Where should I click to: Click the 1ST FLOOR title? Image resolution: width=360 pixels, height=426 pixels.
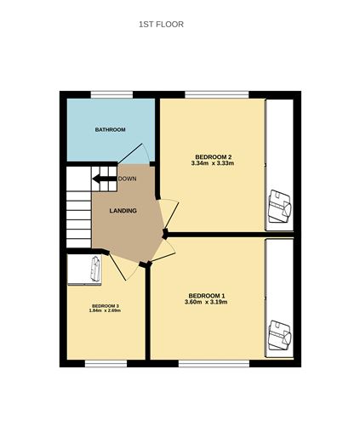[161, 25]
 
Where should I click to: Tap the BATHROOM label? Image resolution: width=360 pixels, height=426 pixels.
[110, 130]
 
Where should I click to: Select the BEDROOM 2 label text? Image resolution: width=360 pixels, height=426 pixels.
[214, 156]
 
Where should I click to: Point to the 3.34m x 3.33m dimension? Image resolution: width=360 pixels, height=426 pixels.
[213, 163]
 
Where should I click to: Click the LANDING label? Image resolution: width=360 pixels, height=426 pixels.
[123, 211]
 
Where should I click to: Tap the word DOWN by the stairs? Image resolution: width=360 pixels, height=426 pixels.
[128, 179]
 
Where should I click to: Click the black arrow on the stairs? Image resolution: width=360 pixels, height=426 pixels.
[105, 179]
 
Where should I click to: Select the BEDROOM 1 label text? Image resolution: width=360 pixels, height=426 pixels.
[207, 296]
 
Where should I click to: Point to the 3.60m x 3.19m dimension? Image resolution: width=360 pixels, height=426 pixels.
[206, 302]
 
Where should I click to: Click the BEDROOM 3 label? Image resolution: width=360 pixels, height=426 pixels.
[106, 306]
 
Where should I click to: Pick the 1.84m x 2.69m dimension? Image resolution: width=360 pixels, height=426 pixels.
[105, 310]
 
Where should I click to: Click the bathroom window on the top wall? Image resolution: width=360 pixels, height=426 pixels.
[111, 94]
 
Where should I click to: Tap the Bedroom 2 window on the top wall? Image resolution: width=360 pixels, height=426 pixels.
[217, 94]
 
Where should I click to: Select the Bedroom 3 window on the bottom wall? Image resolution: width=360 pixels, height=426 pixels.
[106, 364]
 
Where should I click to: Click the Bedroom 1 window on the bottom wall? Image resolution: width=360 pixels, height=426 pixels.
[214, 364]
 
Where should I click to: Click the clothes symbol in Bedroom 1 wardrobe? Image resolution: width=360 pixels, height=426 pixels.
[280, 336]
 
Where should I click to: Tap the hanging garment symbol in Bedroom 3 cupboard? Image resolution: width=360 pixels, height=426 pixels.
[95, 269]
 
